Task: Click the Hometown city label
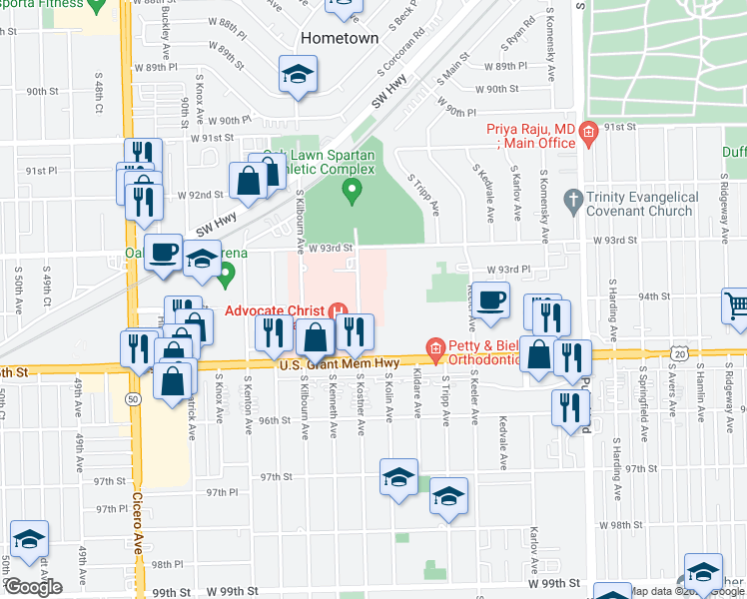tap(340, 38)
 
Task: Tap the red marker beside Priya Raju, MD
tap(588, 131)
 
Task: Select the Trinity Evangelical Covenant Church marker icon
tap(572, 198)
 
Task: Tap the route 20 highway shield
tap(680, 353)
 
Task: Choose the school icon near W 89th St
tap(297, 76)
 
